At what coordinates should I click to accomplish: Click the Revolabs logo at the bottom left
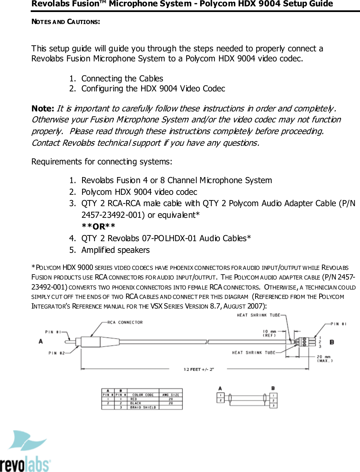[x=25, y=452]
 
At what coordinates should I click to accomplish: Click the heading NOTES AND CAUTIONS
[x=65, y=22]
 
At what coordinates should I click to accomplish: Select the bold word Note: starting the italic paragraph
[x=42, y=109]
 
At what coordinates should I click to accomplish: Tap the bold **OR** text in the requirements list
[x=98, y=226]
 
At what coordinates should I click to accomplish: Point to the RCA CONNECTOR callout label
[x=125, y=322]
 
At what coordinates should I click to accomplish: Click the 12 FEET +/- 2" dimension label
[x=199, y=369]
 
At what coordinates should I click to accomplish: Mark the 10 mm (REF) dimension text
[x=269, y=333]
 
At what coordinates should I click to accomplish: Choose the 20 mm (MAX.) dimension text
[x=324, y=359]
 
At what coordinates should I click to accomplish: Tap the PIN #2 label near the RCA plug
[x=56, y=353]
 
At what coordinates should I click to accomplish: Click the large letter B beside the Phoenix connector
[x=332, y=342]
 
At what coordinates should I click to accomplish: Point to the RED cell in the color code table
[x=134, y=399]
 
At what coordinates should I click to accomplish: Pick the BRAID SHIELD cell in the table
[x=143, y=407]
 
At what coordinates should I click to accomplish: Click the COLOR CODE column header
[x=143, y=395]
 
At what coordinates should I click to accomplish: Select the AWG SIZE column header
[x=170, y=395]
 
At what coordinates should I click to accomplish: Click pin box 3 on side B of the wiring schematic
[x=273, y=405]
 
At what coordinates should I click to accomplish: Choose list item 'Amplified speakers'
[x=115, y=250]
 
